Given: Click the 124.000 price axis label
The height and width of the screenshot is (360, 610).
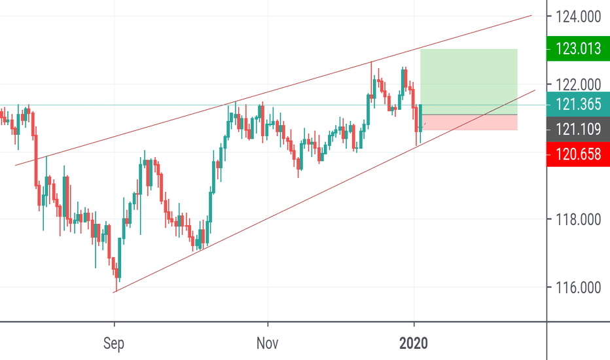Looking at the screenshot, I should pyautogui.click(x=578, y=16).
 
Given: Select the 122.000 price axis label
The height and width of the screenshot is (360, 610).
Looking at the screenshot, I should pyautogui.click(x=578, y=84).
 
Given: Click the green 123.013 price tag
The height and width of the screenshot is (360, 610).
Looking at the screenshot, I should pyautogui.click(x=578, y=48).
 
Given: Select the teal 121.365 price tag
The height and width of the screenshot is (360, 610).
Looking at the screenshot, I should pyautogui.click(x=578, y=104).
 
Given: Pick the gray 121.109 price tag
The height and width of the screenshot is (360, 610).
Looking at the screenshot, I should pyautogui.click(x=578, y=130).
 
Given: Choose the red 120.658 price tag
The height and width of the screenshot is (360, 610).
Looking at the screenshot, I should pyautogui.click(x=578, y=154).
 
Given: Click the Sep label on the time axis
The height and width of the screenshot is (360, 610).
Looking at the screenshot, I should pyautogui.click(x=115, y=342).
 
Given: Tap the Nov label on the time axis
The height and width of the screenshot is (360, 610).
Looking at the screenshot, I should pyautogui.click(x=268, y=342).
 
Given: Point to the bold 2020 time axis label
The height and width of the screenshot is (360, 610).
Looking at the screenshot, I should pyautogui.click(x=414, y=342).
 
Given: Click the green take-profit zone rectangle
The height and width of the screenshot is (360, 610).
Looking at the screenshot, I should pyautogui.click(x=469, y=82).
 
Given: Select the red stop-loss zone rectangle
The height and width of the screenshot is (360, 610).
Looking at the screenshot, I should pyautogui.click(x=469, y=122).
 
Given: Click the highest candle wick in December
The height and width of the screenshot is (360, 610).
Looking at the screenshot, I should pyautogui.click(x=372, y=62).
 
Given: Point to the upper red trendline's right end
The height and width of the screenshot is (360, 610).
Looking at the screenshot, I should pyautogui.click(x=531, y=15).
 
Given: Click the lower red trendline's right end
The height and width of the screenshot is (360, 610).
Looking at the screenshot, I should pyautogui.click(x=535, y=90).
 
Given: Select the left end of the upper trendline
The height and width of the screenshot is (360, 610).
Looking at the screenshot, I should pyautogui.click(x=15, y=165).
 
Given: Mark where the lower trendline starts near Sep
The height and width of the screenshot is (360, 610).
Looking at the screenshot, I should pyautogui.click(x=114, y=292).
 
